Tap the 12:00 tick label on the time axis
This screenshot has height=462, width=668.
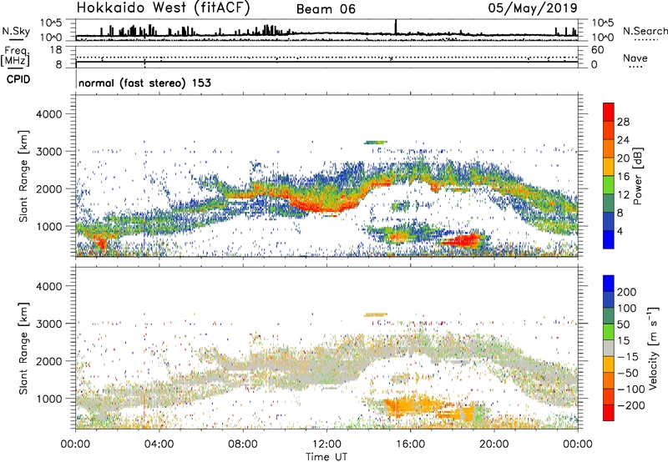[327, 443]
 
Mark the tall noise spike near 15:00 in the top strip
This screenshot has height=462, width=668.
[396, 27]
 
